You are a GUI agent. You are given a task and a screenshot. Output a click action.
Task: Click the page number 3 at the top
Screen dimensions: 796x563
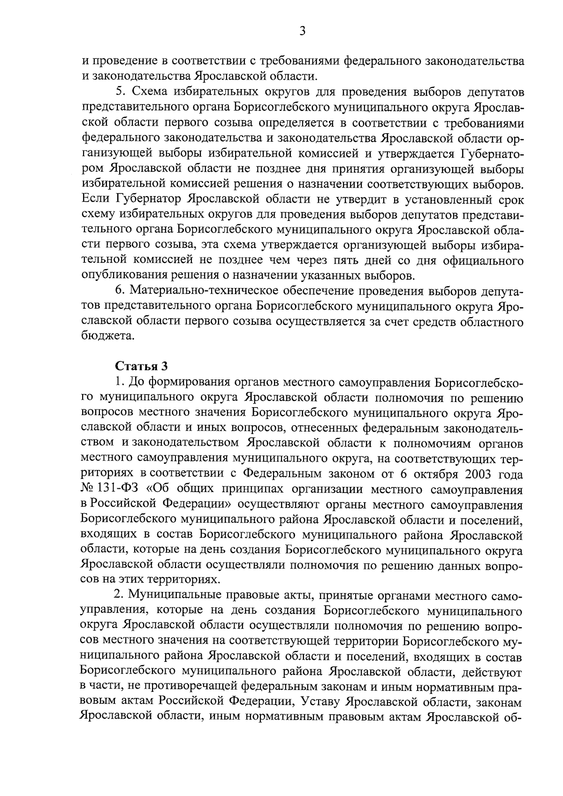[302, 31]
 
